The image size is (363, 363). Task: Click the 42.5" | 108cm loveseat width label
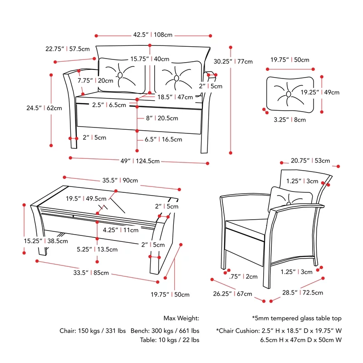[x=153, y=35]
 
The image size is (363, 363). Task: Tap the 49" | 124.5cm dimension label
[x=140, y=161]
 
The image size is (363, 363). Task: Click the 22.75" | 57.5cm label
[x=67, y=49]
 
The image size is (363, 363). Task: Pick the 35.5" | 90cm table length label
[x=120, y=180]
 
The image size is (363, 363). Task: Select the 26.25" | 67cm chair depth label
[x=232, y=294]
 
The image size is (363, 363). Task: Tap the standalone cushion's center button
[x=288, y=94]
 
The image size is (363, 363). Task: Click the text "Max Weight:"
[x=181, y=319]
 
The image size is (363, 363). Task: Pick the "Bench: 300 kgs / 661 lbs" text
[x=165, y=331]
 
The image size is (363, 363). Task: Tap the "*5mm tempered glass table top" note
[x=297, y=319]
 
